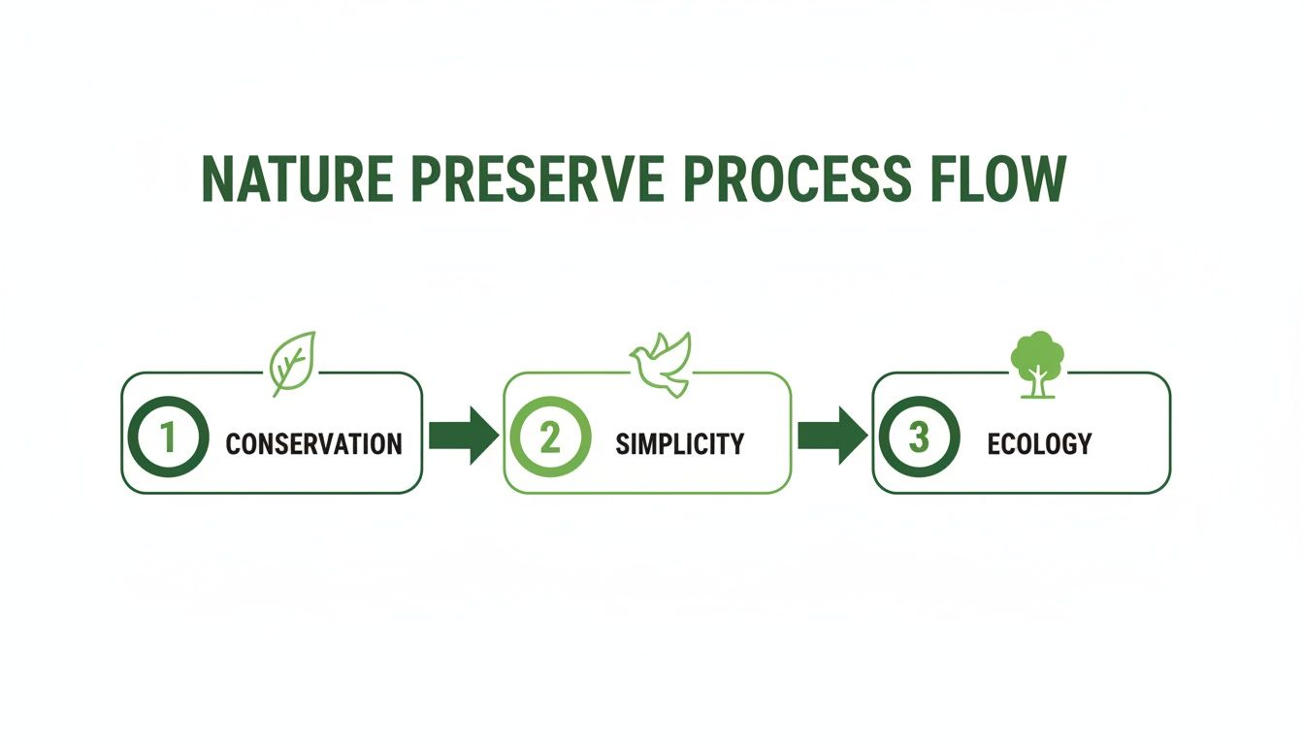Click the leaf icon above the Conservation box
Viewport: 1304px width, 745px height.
pos(292,363)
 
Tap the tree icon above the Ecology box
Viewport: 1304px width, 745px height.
pos(1037,364)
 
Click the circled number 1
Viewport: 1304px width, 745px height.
pos(168,437)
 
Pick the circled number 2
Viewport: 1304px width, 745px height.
pos(549,437)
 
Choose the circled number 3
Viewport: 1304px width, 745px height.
pos(919,437)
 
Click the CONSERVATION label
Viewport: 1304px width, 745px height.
pos(313,444)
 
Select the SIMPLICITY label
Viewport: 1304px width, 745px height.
pos(679,443)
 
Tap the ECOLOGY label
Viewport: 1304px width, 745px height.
pos(1039,443)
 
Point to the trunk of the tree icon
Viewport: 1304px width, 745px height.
pos(1038,385)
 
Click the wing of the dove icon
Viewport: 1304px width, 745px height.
pos(676,349)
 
